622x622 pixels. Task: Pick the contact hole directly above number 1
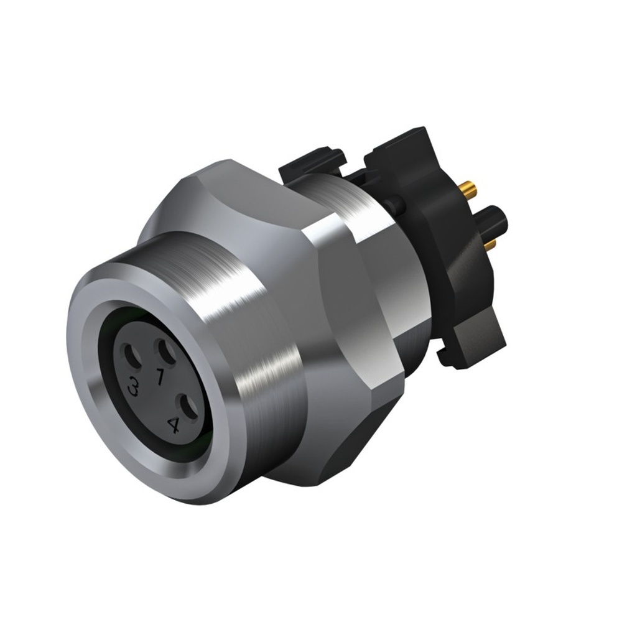pyautogui.click(x=167, y=353)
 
